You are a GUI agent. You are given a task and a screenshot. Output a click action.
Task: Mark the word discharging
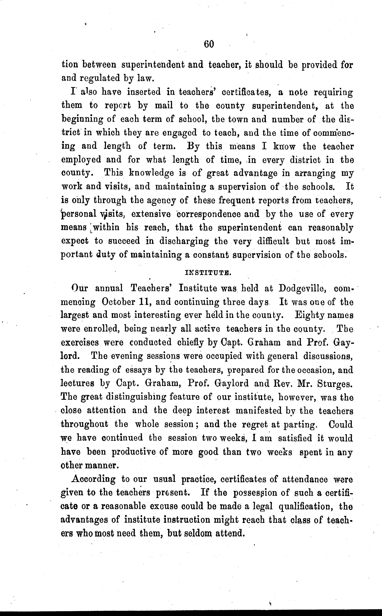184,241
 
